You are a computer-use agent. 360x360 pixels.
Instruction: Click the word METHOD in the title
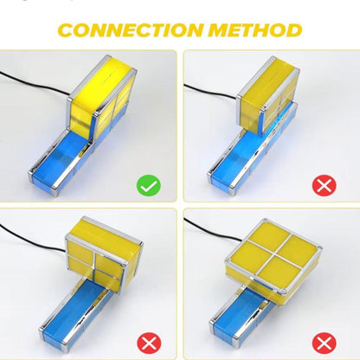coord(255,30)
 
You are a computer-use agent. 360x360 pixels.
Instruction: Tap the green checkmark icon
coord(149,185)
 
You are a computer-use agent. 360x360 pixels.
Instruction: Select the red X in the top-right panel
coord(325,185)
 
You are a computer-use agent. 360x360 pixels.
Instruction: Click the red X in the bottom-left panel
coord(149,344)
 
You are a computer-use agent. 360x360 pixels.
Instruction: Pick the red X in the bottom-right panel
coord(325,344)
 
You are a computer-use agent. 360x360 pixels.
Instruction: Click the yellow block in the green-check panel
coord(101,97)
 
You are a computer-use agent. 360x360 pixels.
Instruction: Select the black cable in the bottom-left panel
coord(32,240)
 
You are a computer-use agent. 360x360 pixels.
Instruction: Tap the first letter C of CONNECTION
coord(67,30)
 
